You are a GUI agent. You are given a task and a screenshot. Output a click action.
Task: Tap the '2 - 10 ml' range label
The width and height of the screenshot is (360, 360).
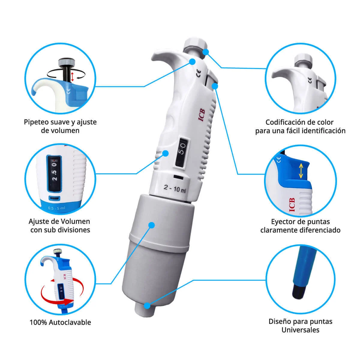[x=175, y=189]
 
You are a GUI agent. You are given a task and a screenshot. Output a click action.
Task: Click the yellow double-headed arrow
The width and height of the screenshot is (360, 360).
[x=301, y=171]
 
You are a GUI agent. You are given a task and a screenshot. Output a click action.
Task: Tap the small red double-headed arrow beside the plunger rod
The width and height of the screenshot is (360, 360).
[x=72, y=76]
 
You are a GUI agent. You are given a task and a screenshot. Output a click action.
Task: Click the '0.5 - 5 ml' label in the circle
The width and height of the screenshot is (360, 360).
[x=56, y=208]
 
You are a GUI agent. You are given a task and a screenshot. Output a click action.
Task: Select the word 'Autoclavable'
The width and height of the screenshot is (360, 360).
[x=70, y=322]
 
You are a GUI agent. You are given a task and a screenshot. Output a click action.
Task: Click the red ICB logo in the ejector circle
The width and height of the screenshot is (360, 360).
[x=292, y=205]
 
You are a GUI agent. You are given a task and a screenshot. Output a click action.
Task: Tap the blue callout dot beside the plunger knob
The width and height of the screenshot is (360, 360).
[x=205, y=52]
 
